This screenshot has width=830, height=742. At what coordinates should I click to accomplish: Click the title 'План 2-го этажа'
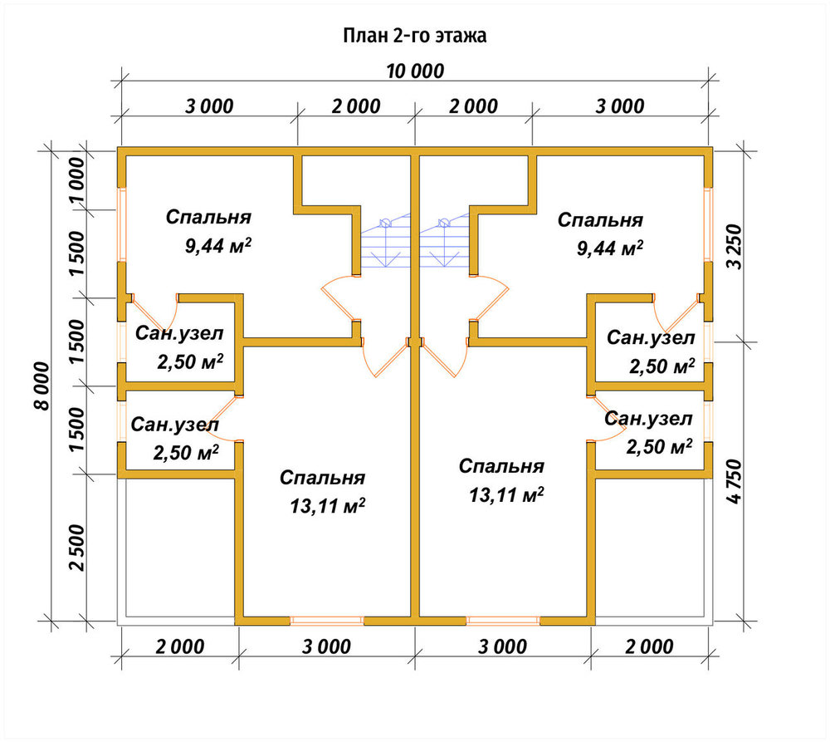[415, 36]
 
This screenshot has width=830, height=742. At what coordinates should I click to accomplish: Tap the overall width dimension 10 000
[415, 71]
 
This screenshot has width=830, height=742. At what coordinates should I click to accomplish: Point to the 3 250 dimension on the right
[735, 247]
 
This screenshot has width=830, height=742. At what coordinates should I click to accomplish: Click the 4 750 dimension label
[735, 481]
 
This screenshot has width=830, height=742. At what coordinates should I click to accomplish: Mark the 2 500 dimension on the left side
[76, 548]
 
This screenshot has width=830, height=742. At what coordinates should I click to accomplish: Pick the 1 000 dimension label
[76, 181]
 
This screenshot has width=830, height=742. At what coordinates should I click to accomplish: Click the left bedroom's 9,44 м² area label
[218, 245]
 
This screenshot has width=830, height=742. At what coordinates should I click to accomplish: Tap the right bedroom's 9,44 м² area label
[610, 248]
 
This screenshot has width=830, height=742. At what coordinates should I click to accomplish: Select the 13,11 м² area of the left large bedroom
[328, 506]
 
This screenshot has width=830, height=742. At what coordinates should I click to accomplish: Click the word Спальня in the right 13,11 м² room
[501, 466]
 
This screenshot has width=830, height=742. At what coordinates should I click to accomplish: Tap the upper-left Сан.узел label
[179, 333]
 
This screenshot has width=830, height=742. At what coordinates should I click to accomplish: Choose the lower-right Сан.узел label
[648, 419]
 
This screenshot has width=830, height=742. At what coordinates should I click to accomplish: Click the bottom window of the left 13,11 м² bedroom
[327, 621]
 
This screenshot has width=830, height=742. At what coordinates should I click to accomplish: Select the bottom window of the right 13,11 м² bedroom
[503, 621]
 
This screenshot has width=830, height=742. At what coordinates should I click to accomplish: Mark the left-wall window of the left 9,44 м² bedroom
[122, 224]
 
